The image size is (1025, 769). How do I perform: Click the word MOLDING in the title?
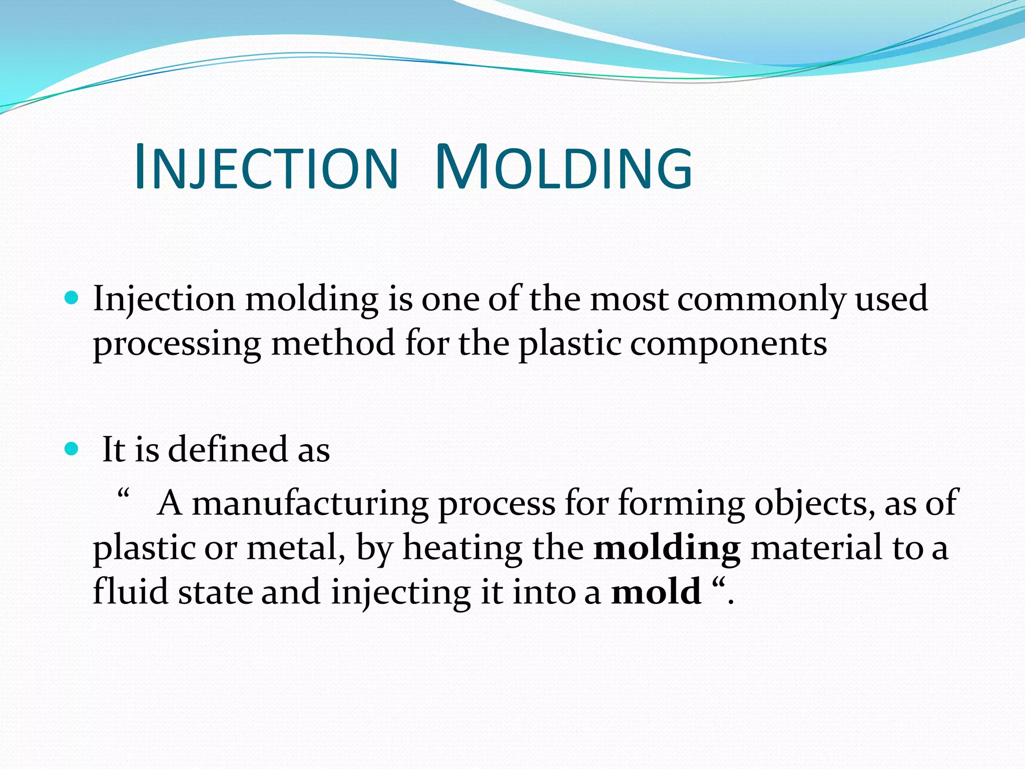pos(564,168)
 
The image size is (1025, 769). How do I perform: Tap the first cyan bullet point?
pos(72,299)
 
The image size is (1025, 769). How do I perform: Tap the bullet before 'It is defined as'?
pos(72,449)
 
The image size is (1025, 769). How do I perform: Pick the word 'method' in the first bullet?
pos(333,344)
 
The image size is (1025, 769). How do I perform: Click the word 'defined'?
pos(228,449)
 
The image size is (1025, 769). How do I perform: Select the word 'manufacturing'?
pos(310,503)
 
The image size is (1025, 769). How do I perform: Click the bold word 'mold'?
pos(656,592)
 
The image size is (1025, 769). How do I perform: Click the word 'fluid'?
pos(131,592)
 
